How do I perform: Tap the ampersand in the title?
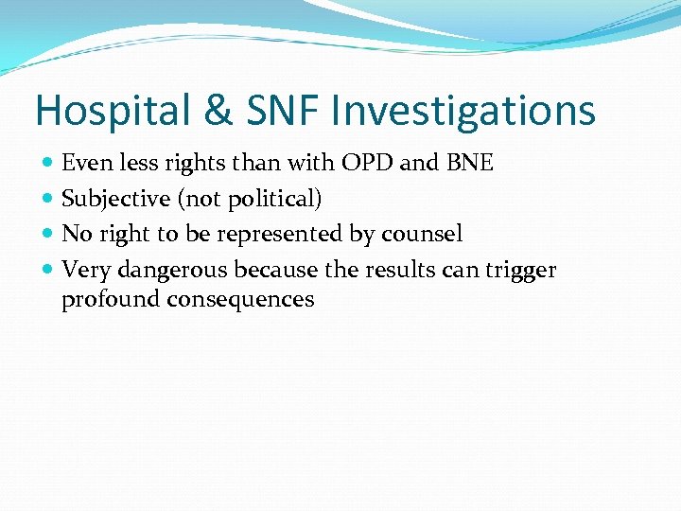pyautogui.click(x=218, y=111)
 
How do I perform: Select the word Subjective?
pyautogui.click(x=113, y=199)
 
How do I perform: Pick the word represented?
pyautogui.click(x=290, y=234)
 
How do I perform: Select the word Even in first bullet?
pyautogui.click(x=82, y=163)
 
